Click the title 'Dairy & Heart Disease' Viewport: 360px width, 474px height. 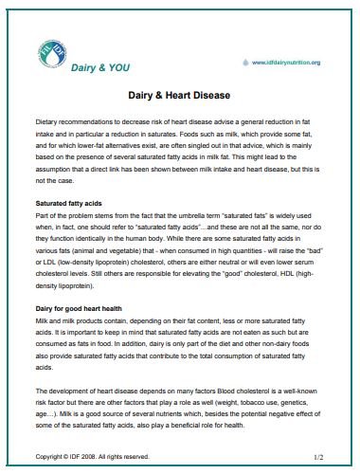pos(179,96)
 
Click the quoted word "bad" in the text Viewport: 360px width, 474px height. pos(317,245)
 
